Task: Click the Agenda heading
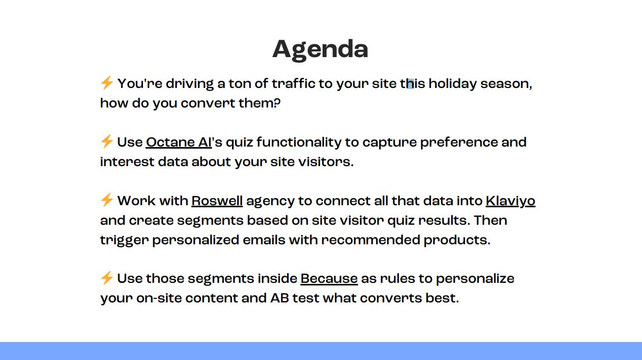tap(320, 50)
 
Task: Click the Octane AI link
tap(179, 142)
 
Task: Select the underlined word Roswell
tap(217, 201)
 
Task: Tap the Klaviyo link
tap(510, 201)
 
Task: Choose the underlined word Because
tap(329, 279)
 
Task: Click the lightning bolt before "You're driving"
tap(107, 83)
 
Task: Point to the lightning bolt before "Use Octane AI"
tap(107, 141)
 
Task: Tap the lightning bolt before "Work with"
tap(107, 200)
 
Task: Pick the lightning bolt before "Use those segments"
tap(107, 277)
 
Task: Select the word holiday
tap(453, 84)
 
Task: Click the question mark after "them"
tap(277, 103)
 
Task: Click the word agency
tap(270, 202)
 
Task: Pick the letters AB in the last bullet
tap(280, 298)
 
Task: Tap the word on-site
tap(159, 298)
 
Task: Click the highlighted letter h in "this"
tap(411, 84)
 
